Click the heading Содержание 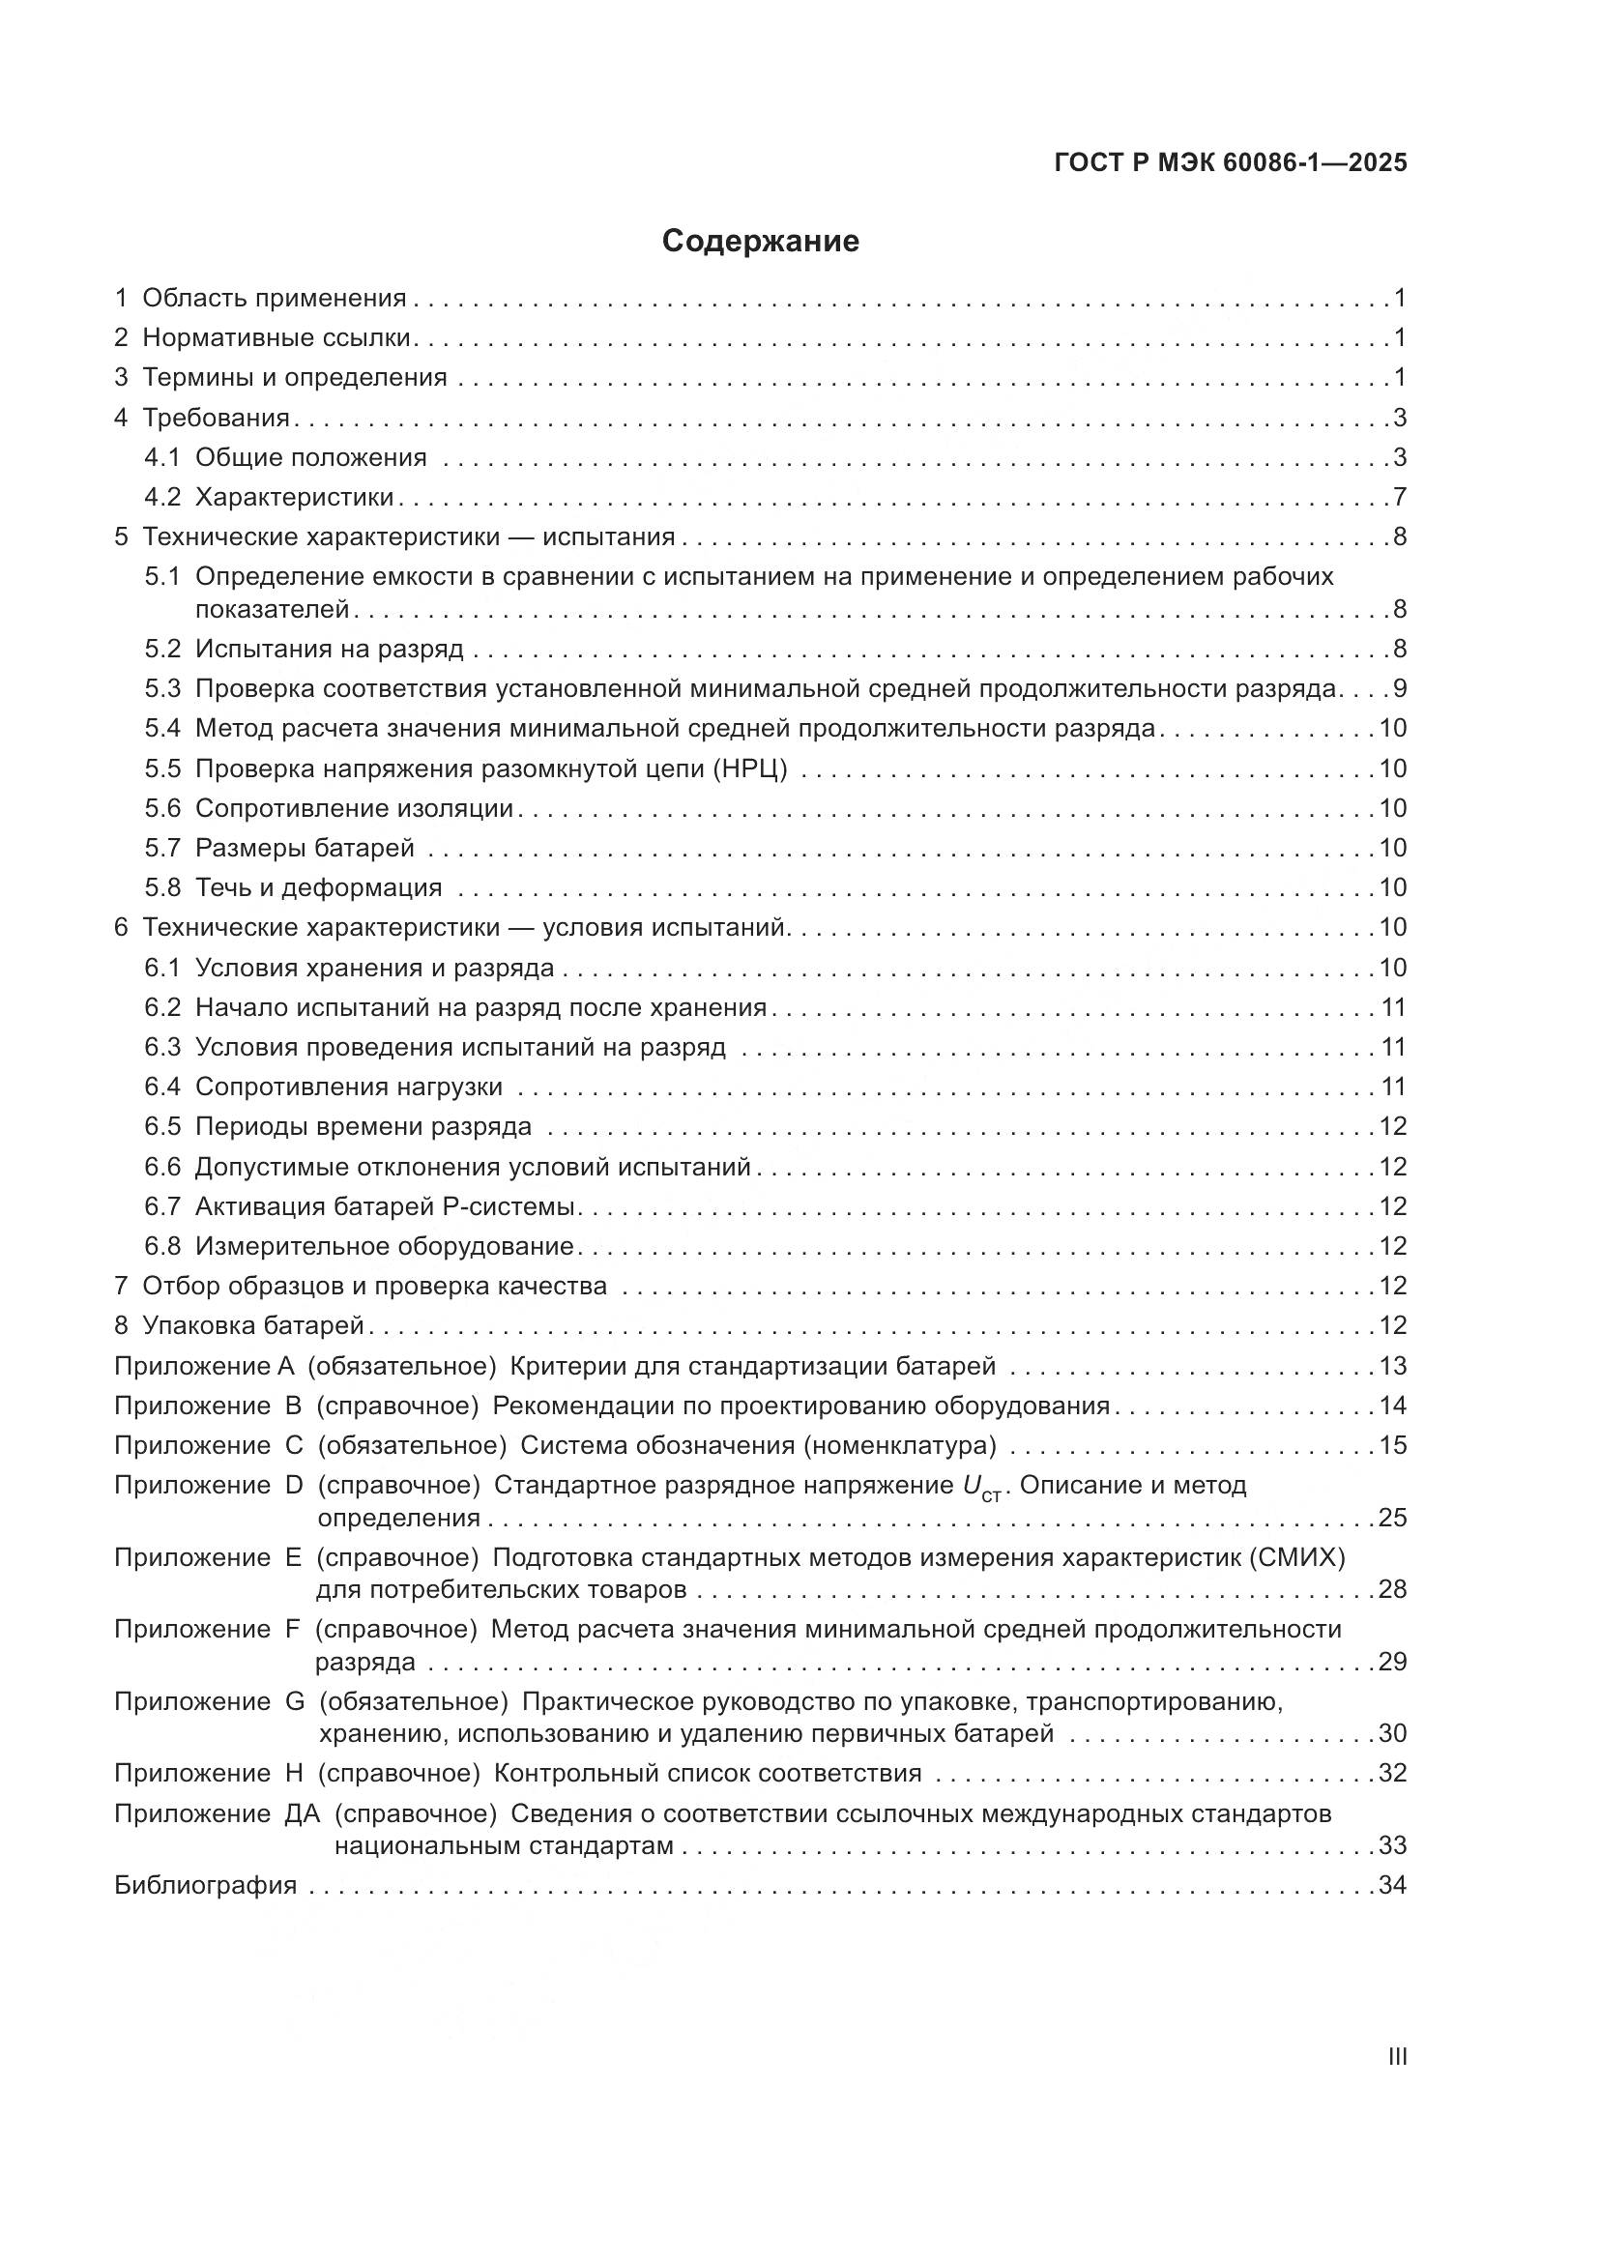coord(760,242)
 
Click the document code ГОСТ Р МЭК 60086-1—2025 coord(1230,163)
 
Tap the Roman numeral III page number coord(1396,2057)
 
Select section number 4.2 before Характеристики coord(162,497)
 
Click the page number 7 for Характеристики coord(1399,497)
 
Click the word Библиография coord(206,1885)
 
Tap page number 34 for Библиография coord(1392,1885)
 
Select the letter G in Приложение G coord(295,1701)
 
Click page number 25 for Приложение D coord(1392,1518)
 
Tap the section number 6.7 coord(162,1206)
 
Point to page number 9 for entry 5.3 coord(1399,688)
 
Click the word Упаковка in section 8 coord(198,1325)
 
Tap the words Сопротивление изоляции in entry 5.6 coord(355,808)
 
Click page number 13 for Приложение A coord(1392,1366)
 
